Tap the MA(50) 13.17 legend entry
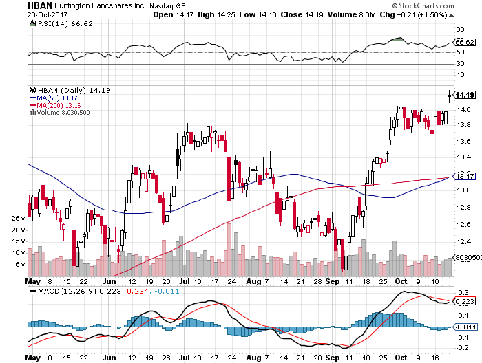57,98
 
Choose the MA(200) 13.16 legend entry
60,106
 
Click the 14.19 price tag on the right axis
463,95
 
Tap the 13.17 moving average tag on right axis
463,177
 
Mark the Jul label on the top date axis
186,281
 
